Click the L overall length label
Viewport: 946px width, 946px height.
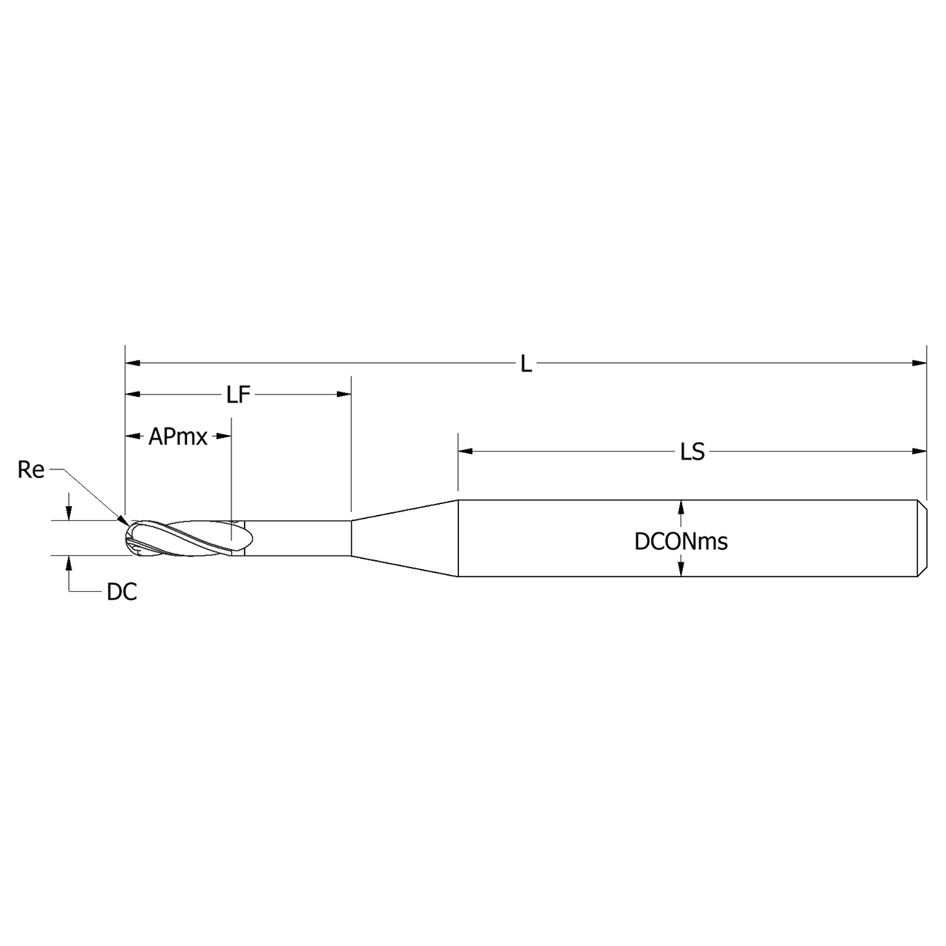pyautogui.click(x=525, y=364)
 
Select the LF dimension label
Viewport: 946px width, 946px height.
pyautogui.click(x=239, y=395)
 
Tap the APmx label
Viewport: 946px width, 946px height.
pyautogui.click(x=178, y=437)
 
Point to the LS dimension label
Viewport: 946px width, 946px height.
pyautogui.click(x=693, y=452)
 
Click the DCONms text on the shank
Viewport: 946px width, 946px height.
pyautogui.click(x=681, y=542)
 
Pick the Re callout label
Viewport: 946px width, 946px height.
pyautogui.click(x=31, y=470)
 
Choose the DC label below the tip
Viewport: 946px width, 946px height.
pyautogui.click(x=122, y=592)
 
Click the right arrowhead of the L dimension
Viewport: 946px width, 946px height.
pyautogui.click(x=919, y=363)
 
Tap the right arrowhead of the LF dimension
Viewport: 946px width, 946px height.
pyautogui.click(x=344, y=395)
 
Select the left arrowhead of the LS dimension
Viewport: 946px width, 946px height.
pyautogui.click(x=465, y=451)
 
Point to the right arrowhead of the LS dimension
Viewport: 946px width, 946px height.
pyautogui.click(x=919, y=451)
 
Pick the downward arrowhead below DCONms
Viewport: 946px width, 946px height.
pyautogui.click(x=681, y=569)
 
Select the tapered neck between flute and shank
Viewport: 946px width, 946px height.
pyautogui.click(x=404, y=538)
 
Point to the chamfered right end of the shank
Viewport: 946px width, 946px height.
pyautogui.click(x=922, y=538)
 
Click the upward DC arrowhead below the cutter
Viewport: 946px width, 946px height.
pyautogui.click(x=69, y=562)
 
